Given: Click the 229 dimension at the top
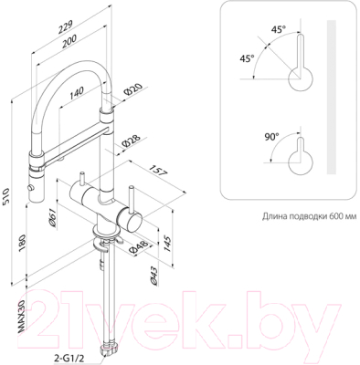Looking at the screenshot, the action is coord(66,27).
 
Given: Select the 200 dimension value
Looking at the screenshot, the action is coord(69,41).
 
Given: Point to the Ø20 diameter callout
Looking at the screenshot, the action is coord(133,89).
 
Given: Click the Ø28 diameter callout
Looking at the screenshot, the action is coord(131,141).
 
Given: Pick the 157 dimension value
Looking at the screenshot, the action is coord(158,172).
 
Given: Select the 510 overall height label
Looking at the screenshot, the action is coord(6,197).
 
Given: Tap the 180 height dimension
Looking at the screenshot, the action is coord(23,243).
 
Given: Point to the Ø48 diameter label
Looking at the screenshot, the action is coord(138,246).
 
